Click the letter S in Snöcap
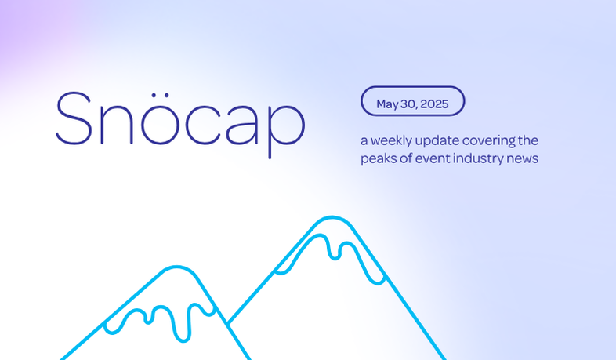(x=74, y=118)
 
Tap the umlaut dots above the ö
(x=160, y=95)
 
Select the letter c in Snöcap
(x=202, y=125)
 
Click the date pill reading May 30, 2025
(x=412, y=101)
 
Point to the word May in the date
(x=387, y=104)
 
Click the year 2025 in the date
(x=434, y=104)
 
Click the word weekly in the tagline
(x=391, y=140)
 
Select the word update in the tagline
(x=437, y=141)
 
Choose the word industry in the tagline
(x=478, y=158)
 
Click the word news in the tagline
(x=522, y=159)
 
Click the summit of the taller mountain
(x=332, y=217)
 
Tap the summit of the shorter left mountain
(x=177, y=267)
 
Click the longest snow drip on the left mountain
(x=182, y=322)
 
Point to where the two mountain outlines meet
(x=228, y=324)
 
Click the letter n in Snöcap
(x=117, y=125)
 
